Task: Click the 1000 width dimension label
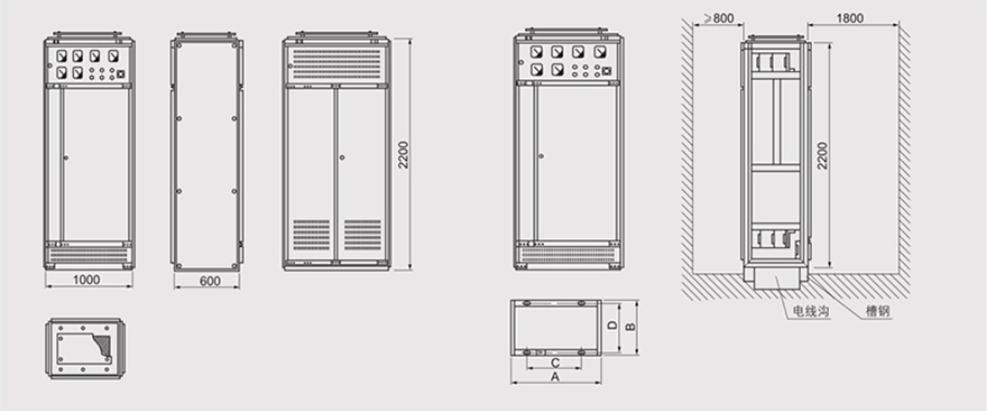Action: pyautogui.click(x=86, y=279)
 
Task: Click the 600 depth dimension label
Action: pyautogui.click(x=210, y=281)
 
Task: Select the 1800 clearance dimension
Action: pyautogui.click(x=850, y=18)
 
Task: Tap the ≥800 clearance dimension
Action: pyautogui.click(x=719, y=18)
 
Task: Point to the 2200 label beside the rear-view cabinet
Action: pyautogui.click(x=403, y=155)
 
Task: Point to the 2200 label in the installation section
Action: pyautogui.click(x=822, y=156)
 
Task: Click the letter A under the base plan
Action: pyautogui.click(x=555, y=377)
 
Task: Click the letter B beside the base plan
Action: pyautogui.click(x=631, y=326)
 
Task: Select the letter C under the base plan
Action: pyautogui.click(x=555, y=363)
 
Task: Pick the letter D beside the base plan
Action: pyautogui.click(x=613, y=325)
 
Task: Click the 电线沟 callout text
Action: pyautogui.click(x=811, y=311)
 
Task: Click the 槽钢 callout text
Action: pyautogui.click(x=878, y=311)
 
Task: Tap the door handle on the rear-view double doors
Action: pyautogui.click(x=342, y=157)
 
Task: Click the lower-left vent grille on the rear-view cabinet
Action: pyautogui.click(x=312, y=235)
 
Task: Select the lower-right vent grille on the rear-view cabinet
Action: pyautogui.click(x=363, y=235)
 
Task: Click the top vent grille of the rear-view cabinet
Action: pyautogui.click(x=336, y=64)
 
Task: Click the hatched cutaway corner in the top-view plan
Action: pyautogui.click(x=102, y=346)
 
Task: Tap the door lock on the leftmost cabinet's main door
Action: pyautogui.click(x=66, y=158)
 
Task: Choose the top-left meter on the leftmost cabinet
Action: pyautogui.click(x=62, y=56)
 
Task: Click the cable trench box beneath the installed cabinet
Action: pyautogui.click(x=776, y=279)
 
